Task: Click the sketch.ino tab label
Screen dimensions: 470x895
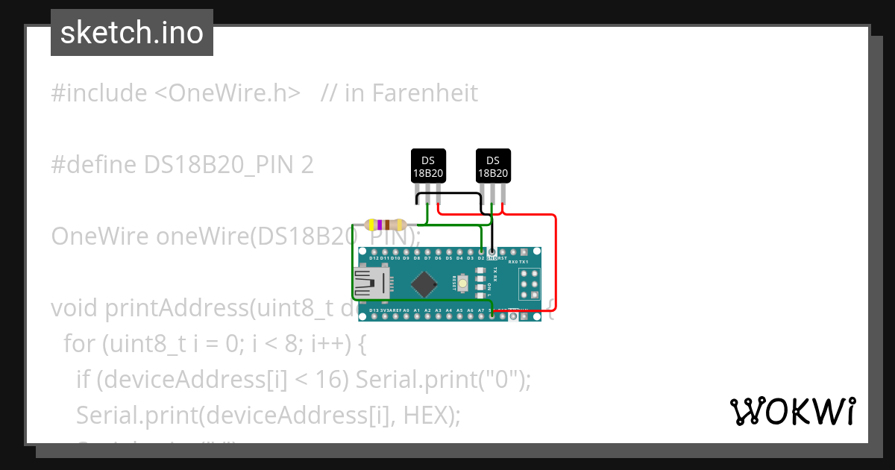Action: (132, 33)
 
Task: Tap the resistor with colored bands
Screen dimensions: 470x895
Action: (385, 225)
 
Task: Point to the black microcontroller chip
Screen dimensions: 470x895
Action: (424, 283)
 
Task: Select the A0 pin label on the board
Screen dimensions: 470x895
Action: (406, 310)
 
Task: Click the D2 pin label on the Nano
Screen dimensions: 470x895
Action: (481, 258)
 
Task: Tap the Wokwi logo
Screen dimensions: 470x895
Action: (792, 411)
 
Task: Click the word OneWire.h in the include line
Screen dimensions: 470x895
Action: (228, 93)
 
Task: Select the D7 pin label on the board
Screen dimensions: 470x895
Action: (427, 258)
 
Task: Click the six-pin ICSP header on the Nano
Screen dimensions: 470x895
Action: (530, 283)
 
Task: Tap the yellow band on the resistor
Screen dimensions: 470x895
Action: (372, 225)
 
